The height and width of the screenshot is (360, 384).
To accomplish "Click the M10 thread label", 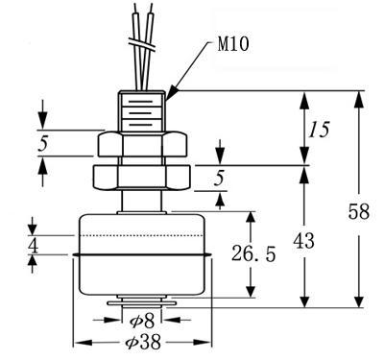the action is [233, 44].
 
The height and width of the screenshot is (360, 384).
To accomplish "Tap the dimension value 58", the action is [359, 211].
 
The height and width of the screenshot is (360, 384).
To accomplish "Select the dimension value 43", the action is [304, 241].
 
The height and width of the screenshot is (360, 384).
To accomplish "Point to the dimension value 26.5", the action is [253, 253].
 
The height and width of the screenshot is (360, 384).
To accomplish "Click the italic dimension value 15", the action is [319, 130].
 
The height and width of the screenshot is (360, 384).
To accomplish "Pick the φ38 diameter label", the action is [143, 343].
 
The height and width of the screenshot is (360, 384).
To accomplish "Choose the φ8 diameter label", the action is [142, 321].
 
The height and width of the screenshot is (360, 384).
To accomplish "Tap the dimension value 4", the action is [33, 246].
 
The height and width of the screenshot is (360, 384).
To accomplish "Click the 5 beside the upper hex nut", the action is [42, 143].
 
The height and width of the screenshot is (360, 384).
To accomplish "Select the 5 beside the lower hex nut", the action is [219, 178].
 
